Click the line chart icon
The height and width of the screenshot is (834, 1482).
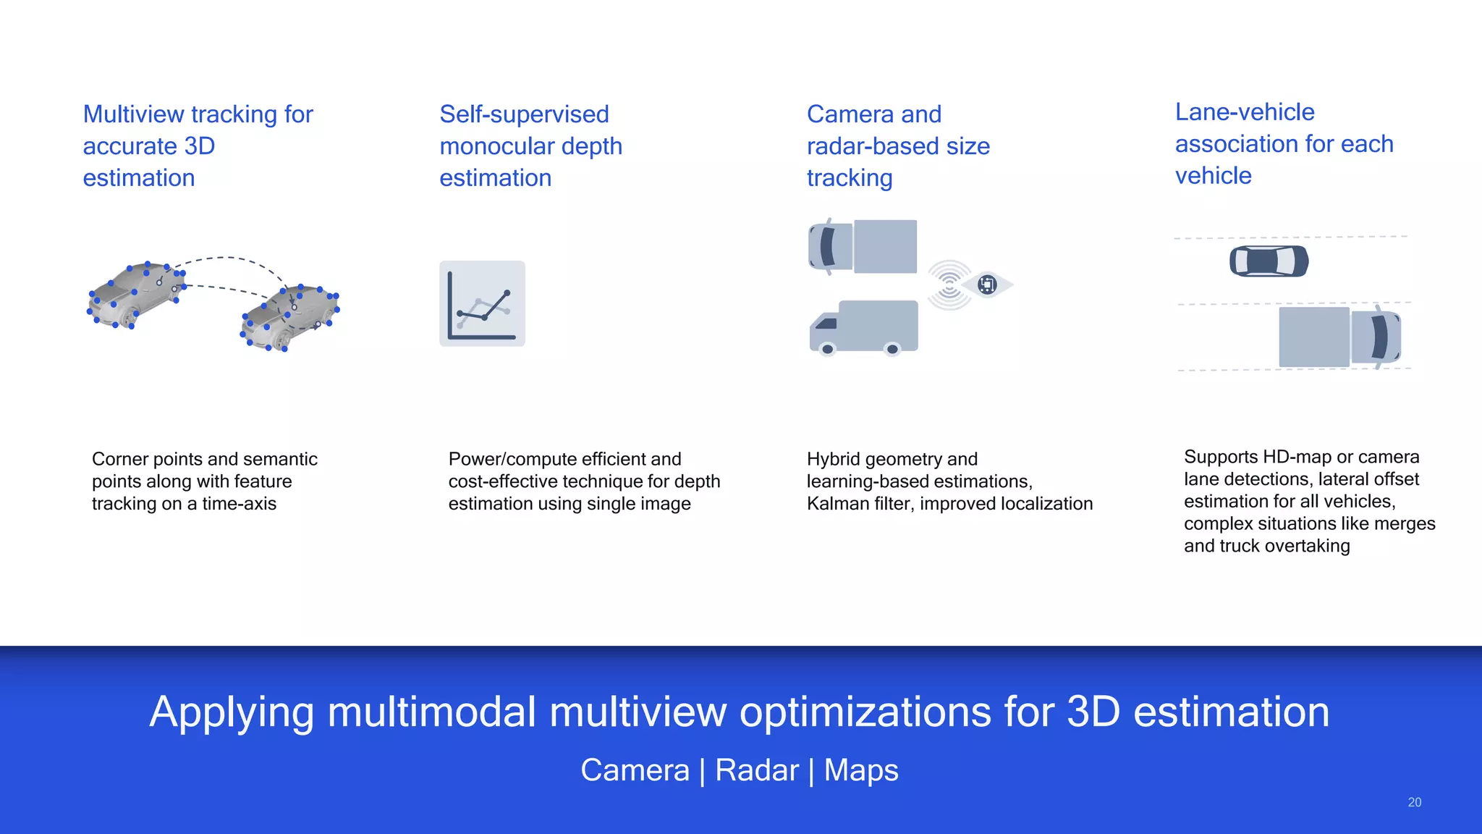coord(482,303)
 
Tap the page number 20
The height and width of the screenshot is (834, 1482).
coord(1414,802)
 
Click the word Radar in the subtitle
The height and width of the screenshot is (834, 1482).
coord(757,770)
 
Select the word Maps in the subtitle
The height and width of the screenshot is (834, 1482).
coord(861,770)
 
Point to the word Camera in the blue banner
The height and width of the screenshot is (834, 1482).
coord(635,770)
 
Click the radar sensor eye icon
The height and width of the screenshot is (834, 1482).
coord(986,285)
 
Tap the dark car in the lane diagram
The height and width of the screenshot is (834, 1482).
coord(1269,261)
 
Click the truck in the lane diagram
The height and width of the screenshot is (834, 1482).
coord(1339,337)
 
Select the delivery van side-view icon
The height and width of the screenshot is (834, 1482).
coord(863,328)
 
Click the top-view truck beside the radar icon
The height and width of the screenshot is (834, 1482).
coord(863,247)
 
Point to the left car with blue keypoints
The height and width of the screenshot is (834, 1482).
coord(135,295)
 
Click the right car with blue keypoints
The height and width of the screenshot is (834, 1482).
coord(290,317)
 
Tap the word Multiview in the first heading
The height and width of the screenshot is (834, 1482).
coord(134,114)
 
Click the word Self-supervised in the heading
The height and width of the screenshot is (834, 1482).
coord(524,114)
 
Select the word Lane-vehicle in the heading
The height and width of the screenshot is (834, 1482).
coord(1245,112)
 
